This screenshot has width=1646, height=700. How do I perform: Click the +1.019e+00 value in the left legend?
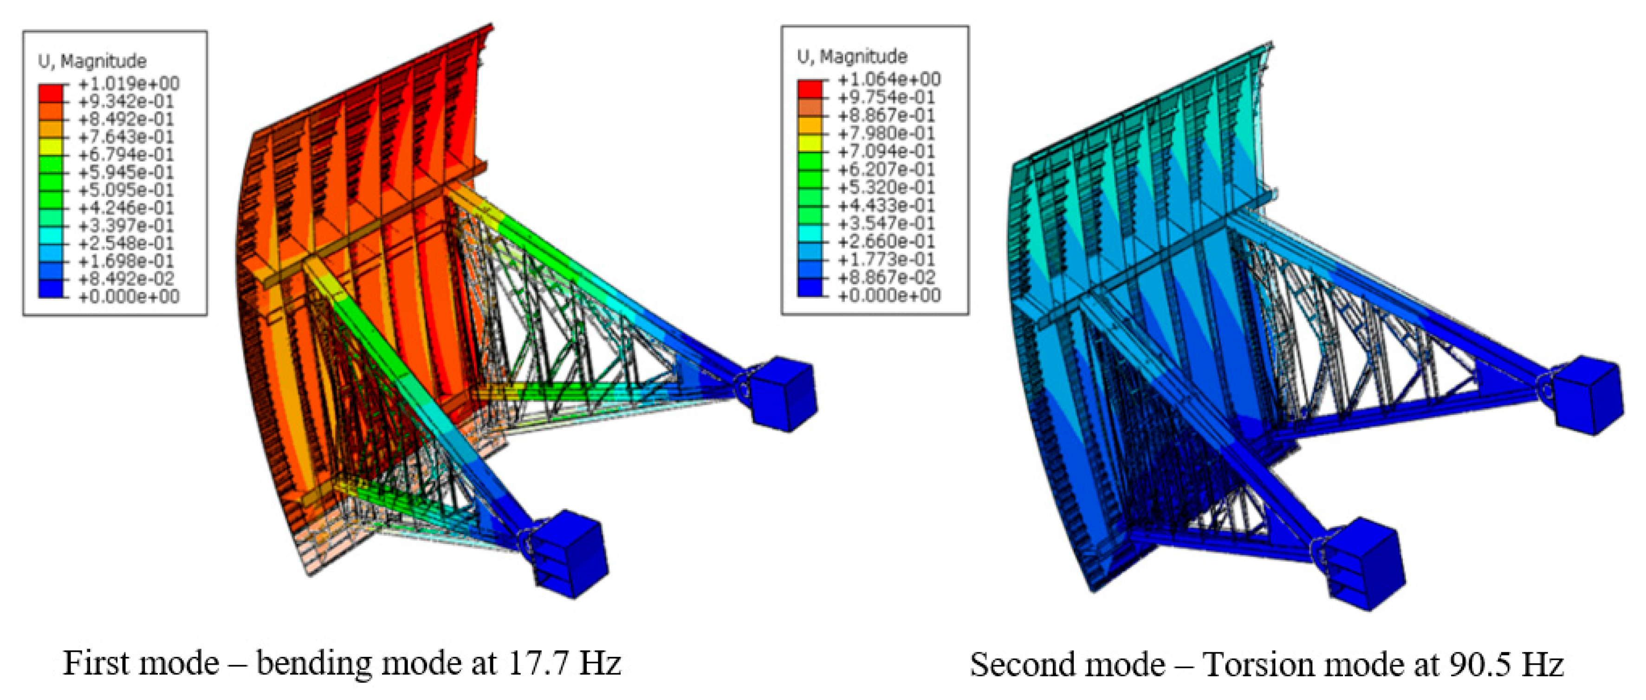click(x=129, y=84)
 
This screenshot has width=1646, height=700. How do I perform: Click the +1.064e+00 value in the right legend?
click(x=889, y=79)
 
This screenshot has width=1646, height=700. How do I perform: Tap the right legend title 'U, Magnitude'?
click(x=852, y=57)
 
